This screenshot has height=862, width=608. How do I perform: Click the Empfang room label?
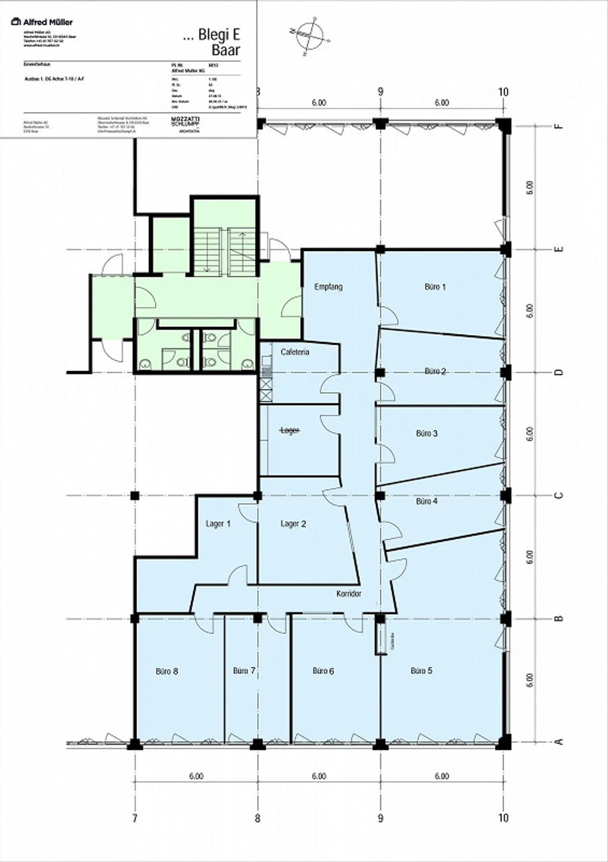point(328,287)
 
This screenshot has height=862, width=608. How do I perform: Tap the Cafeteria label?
point(295,352)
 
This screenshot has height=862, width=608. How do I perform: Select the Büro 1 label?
point(435,287)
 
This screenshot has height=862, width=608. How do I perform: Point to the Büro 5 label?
point(421,671)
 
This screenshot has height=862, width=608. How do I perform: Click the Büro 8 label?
point(167,671)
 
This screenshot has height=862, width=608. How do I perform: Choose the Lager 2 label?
point(293,524)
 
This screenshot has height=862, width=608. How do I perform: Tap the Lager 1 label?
point(218,524)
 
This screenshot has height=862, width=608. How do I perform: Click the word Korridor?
point(349,594)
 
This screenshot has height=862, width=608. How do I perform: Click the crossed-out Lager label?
point(290,430)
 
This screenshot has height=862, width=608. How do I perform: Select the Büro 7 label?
point(244,671)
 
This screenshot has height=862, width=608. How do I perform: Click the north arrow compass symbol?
point(310,36)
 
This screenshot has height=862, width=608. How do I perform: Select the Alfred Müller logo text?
point(42,22)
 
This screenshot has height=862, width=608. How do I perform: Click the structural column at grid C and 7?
point(135,496)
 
